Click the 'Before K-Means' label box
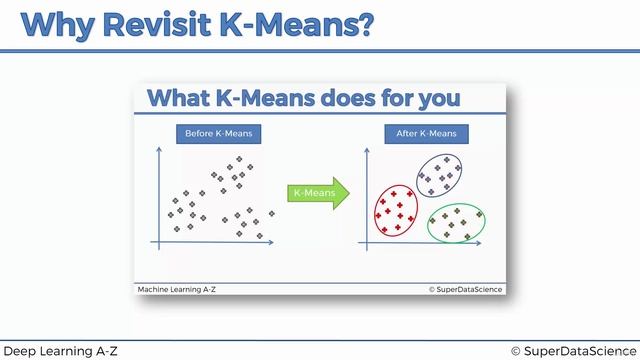[219, 134]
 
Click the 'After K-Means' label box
[425, 134]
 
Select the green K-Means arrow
[315, 191]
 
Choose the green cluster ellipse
[456, 222]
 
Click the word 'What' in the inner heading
[179, 98]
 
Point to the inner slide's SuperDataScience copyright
[465, 289]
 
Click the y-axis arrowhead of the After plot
[367, 151]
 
